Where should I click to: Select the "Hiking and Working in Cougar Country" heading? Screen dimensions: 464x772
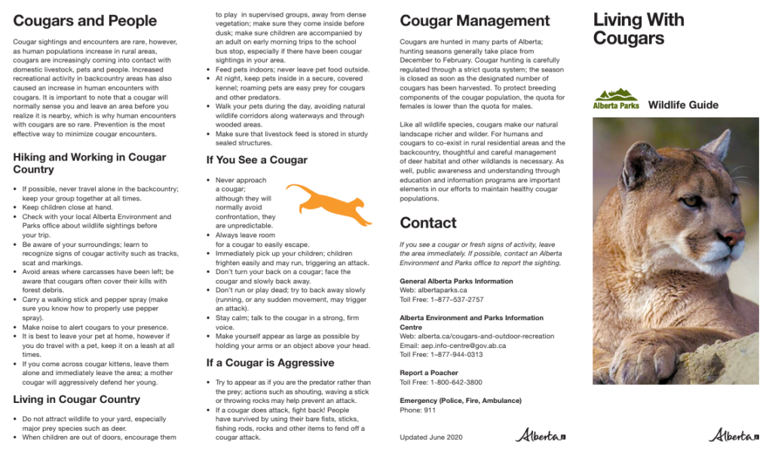click(x=89, y=163)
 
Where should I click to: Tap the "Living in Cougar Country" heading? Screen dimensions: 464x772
click(x=76, y=399)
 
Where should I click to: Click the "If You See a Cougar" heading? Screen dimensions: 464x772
click(x=256, y=160)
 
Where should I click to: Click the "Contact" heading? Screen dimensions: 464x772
click(x=428, y=223)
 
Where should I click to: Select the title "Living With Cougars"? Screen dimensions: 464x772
click(x=638, y=29)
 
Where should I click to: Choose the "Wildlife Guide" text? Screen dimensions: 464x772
click(x=683, y=105)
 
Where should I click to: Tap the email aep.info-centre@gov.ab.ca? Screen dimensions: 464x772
click(x=452, y=346)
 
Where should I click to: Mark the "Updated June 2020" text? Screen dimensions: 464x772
click(x=430, y=437)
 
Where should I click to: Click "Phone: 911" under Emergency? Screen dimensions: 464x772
click(x=418, y=411)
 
